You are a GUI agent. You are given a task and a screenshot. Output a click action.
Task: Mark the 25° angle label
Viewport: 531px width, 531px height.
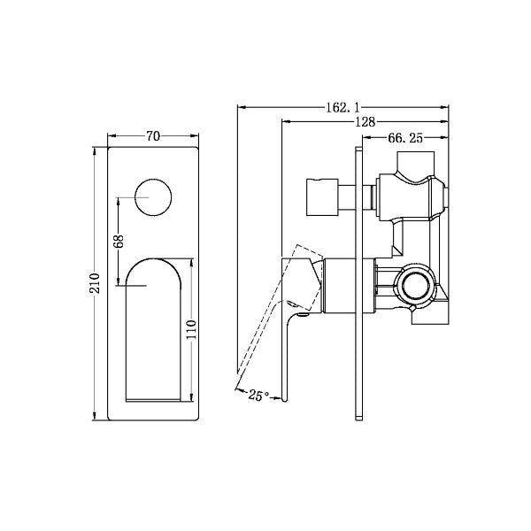(x=258, y=396)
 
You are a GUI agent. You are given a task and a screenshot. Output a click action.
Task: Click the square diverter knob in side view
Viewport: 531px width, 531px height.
(x=324, y=196)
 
